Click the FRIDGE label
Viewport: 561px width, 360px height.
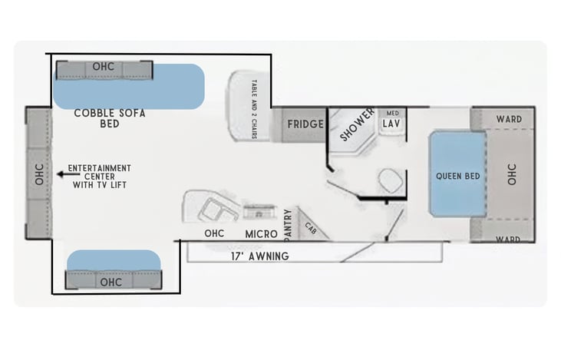tap(305, 124)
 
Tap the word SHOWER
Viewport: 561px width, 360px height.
tap(357, 124)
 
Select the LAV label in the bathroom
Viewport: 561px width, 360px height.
tap(391, 124)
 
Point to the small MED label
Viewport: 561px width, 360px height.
tap(392, 113)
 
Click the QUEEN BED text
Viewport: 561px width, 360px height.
tap(457, 176)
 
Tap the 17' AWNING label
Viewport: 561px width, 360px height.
tap(259, 256)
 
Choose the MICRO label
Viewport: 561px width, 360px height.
tap(261, 234)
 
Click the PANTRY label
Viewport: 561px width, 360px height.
tap(288, 225)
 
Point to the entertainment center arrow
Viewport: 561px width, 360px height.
tap(68, 174)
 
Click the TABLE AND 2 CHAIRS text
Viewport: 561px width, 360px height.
tap(254, 109)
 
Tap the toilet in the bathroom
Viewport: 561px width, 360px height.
tap(391, 180)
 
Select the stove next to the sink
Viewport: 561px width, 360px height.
tap(259, 212)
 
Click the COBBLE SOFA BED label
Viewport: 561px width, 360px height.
tap(110, 118)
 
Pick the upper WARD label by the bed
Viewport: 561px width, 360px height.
tap(509, 119)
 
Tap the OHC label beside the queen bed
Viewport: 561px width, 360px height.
tap(512, 174)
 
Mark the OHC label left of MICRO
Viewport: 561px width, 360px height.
tap(214, 233)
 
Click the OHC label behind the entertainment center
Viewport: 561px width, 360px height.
tap(39, 174)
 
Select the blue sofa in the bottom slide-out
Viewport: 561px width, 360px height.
tap(114, 260)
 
